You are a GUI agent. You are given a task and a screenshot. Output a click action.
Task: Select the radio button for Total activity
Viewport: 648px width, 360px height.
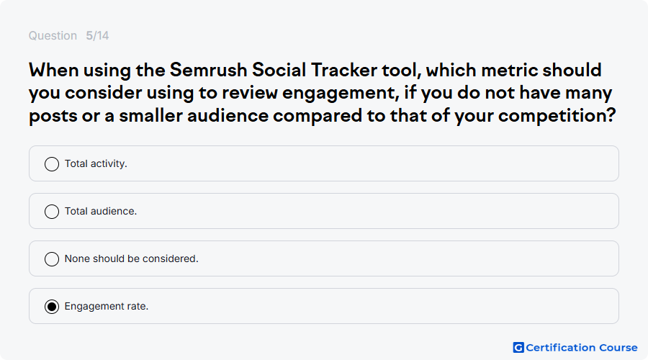(x=52, y=164)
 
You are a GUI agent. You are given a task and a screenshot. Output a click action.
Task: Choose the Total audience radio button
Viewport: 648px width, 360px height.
(x=52, y=212)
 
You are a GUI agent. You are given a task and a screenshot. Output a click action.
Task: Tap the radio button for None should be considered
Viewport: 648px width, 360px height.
(x=52, y=259)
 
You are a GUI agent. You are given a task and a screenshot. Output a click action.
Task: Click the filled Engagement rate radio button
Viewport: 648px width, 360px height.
(x=52, y=307)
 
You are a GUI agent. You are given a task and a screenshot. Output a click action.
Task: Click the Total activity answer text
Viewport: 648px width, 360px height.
(x=96, y=163)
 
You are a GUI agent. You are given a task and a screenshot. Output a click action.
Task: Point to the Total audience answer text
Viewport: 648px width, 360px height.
(x=101, y=211)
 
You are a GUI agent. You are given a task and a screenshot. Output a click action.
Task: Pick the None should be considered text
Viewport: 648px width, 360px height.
(x=132, y=258)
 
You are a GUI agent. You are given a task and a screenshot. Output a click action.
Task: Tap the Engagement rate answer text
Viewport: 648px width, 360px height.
(x=107, y=306)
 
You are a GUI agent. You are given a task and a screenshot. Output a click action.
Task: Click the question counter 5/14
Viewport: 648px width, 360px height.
(x=97, y=35)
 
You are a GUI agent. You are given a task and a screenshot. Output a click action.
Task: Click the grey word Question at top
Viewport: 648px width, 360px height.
(x=53, y=35)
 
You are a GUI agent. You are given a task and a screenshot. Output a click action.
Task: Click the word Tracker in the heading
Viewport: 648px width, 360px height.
(x=344, y=70)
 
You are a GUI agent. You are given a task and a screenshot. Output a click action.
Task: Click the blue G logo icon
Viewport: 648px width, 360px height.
(x=518, y=348)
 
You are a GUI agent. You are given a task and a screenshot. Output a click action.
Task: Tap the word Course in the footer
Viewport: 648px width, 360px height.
(x=618, y=348)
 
